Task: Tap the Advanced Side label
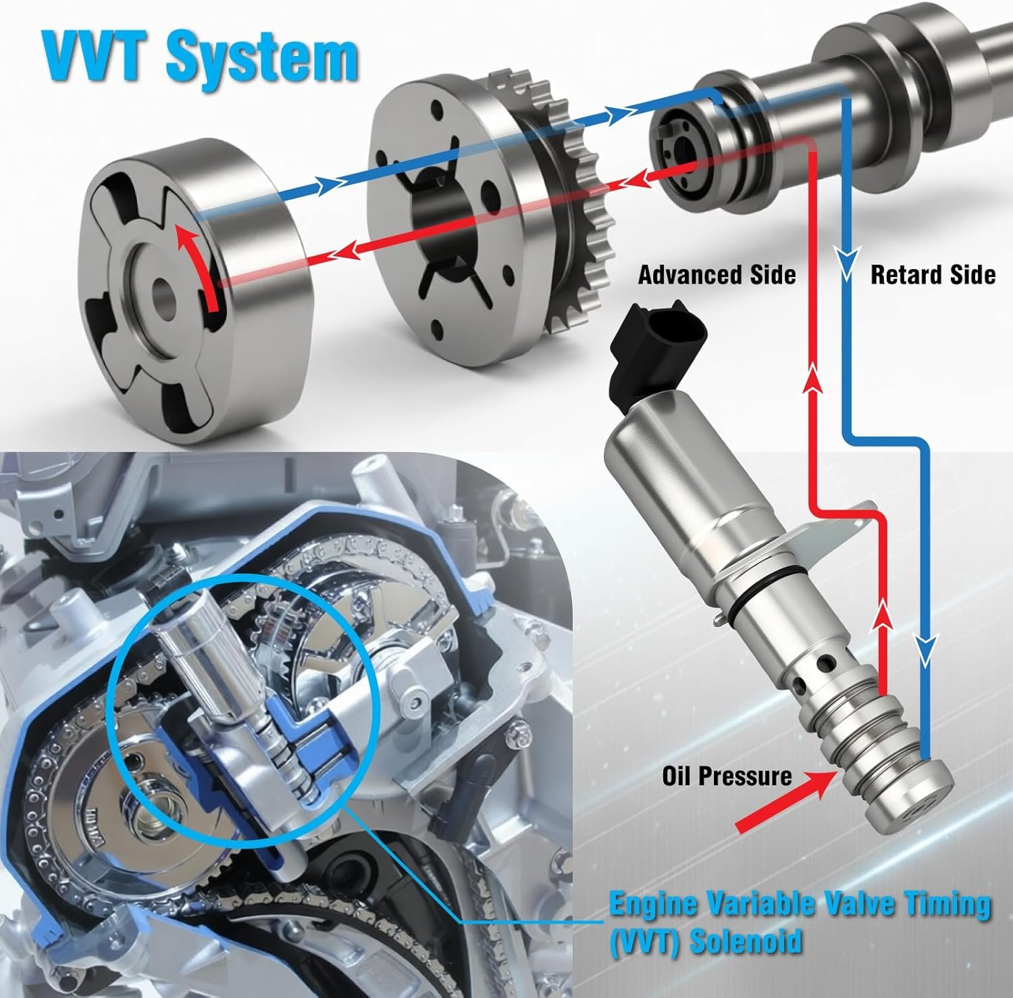[717, 274]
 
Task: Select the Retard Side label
[933, 274]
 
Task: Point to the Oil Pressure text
[727, 775]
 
